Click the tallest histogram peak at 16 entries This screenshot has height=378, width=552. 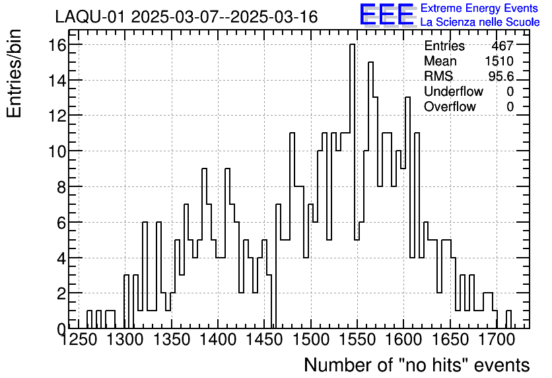click(x=353, y=45)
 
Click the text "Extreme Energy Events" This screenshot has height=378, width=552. click(x=479, y=9)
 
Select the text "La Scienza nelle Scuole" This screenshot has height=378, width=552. click(x=479, y=22)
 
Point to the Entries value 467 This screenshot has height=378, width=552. click(x=502, y=46)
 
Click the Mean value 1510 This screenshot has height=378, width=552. click(x=499, y=61)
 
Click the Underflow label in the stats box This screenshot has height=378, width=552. click(x=453, y=92)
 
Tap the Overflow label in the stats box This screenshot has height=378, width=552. click(x=450, y=107)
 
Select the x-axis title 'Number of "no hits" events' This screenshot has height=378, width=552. click(x=417, y=365)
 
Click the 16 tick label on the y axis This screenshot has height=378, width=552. click(x=56, y=45)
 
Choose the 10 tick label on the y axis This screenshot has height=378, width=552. click(x=56, y=151)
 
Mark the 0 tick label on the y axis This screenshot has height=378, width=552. click(x=61, y=328)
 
